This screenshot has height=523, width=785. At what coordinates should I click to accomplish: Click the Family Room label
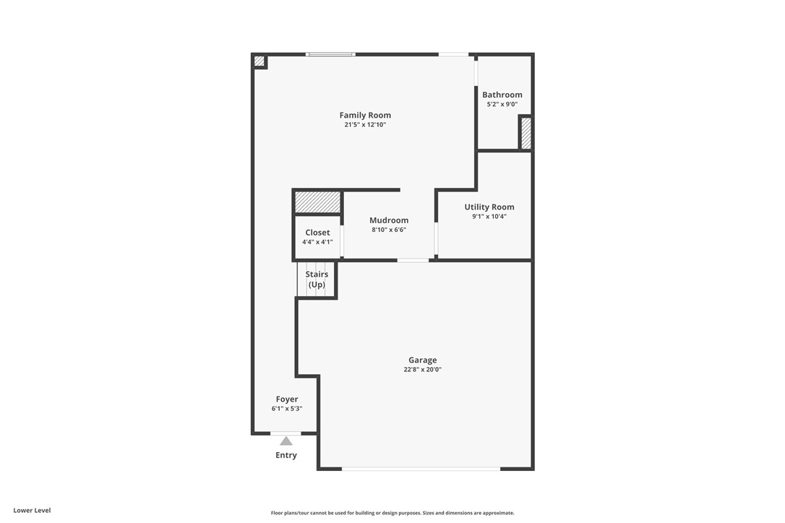point(365,115)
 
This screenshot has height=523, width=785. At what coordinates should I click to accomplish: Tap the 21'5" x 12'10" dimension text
point(365,125)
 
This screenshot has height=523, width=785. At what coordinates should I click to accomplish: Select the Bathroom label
point(502,95)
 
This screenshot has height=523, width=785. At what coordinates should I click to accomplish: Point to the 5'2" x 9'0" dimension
point(502,105)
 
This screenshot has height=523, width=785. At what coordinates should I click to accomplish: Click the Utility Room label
point(489,207)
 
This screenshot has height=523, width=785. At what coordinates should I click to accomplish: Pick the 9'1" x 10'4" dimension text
point(489,217)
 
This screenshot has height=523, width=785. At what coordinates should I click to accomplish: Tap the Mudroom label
point(389,220)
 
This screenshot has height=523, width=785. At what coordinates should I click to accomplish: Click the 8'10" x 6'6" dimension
point(389,230)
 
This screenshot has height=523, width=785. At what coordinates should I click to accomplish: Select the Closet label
point(317,233)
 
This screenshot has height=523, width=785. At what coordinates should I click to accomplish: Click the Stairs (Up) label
point(317,280)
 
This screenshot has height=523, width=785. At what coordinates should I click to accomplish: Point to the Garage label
point(423,360)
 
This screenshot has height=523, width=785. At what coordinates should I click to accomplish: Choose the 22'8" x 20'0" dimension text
point(423,370)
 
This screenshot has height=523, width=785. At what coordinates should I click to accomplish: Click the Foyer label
point(287,399)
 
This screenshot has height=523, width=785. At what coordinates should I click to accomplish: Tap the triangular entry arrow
point(286,441)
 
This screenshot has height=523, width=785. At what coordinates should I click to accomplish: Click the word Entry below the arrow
point(286,455)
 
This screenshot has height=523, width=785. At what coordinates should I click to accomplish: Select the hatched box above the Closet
point(317,202)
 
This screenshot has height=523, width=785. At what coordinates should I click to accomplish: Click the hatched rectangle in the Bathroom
point(526,134)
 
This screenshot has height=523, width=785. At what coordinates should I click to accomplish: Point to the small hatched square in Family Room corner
point(259,61)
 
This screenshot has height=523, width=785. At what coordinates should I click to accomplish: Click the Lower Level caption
point(32,510)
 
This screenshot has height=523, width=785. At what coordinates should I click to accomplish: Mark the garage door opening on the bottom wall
point(421,470)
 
